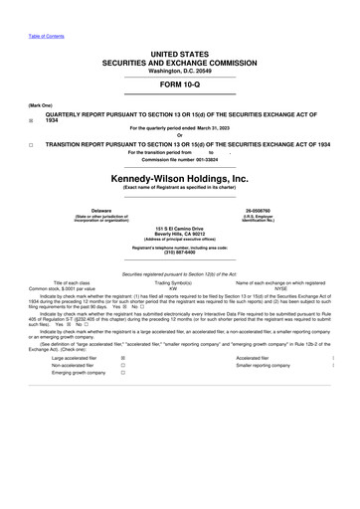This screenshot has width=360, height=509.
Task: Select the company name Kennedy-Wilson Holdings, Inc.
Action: coord(179,179)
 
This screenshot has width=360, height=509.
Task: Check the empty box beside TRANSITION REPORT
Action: coord(32,144)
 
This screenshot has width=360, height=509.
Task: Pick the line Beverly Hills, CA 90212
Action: coord(179,235)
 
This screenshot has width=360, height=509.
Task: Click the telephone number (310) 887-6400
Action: coord(179,252)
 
